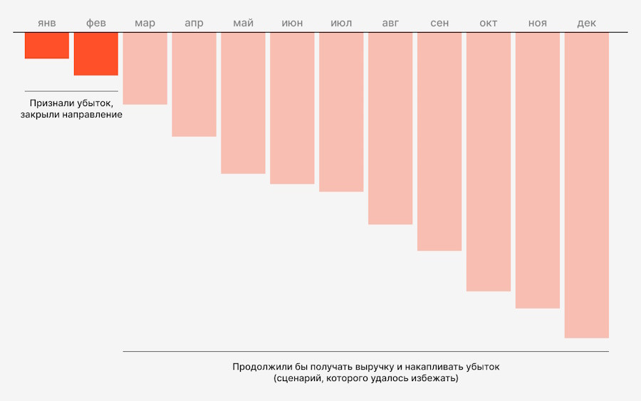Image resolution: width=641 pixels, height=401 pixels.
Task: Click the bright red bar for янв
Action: [x=47, y=46]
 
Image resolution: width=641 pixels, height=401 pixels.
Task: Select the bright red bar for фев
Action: [x=96, y=54]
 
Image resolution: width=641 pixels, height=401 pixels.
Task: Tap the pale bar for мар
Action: [x=145, y=68]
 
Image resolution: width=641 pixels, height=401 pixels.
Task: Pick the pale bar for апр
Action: [x=194, y=84]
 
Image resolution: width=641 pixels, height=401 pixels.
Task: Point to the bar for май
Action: [x=243, y=103]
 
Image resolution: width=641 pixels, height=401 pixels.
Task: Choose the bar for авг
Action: [x=390, y=128]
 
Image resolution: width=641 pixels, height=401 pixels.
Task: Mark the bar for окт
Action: [x=489, y=162]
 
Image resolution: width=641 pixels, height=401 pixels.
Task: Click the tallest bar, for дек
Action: [x=587, y=185]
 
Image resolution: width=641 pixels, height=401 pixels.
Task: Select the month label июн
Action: [x=292, y=24]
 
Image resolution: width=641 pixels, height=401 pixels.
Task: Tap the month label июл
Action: [x=341, y=24]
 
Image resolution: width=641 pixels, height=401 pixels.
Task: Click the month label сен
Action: [x=439, y=24]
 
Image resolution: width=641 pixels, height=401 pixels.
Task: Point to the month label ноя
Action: [x=538, y=24]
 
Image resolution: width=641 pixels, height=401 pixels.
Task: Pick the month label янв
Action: [x=47, y=24]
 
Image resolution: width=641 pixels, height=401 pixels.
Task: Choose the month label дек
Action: [x=587, y=24]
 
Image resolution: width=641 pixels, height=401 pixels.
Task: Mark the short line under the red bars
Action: [x=71, y=91]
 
